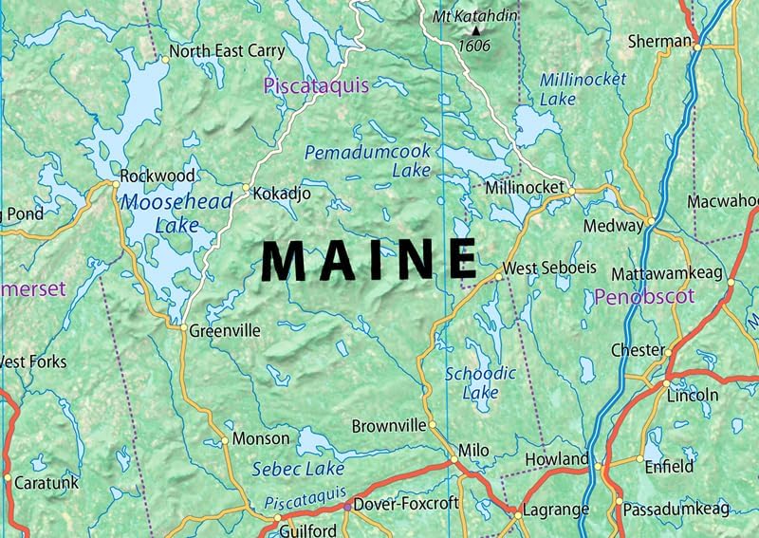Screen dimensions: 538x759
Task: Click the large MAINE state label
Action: [369, 260]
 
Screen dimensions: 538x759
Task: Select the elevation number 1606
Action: [474, 45]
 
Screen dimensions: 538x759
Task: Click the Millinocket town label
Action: [525, 188]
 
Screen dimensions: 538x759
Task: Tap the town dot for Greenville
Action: [184, 328]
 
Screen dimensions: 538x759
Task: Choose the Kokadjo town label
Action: [283, 193]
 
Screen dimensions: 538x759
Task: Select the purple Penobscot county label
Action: [644, 297]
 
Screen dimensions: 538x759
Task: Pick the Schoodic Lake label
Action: [480, 382]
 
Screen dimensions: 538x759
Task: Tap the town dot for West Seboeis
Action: [497, 276]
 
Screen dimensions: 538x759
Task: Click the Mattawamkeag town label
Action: [666, 273]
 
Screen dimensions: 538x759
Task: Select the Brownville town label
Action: [389, 426]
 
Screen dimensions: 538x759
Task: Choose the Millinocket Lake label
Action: [583, 88]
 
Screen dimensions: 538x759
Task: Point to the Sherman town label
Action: [660, 41]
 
